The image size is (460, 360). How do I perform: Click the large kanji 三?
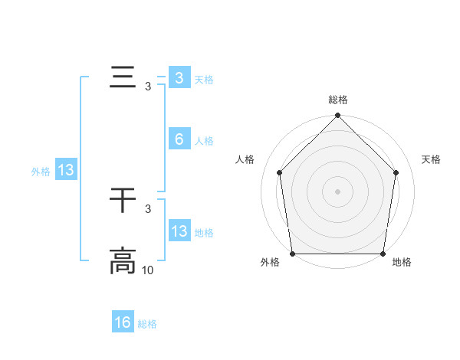123,78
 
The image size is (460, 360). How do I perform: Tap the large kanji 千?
123,201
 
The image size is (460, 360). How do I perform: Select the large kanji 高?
123,261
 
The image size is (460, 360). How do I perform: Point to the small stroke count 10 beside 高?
148,270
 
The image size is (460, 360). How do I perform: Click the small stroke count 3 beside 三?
148,87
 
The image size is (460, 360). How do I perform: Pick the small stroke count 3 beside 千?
148,208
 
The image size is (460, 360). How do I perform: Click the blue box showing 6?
179,139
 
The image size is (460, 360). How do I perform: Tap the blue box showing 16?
123,322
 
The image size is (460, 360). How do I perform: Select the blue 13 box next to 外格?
66,170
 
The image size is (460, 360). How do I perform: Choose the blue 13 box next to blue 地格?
179,231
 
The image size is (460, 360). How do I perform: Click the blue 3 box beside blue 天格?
179,78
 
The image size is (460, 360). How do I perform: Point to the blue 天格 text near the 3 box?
204,80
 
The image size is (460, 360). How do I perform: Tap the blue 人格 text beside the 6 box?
204,141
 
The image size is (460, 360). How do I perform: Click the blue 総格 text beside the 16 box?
147,324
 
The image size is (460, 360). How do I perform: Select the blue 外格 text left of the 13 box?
41,172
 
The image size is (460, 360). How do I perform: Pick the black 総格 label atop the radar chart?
338,100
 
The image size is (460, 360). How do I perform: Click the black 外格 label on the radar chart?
270,263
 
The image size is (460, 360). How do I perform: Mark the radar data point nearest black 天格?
396,172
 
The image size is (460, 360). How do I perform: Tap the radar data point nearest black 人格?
279,172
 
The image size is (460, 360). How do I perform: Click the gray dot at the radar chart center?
338,191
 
